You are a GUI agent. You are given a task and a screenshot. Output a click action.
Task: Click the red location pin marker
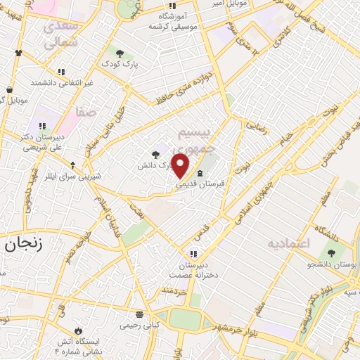[x=181, y=166]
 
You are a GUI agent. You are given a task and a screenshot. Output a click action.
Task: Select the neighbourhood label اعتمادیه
[x=288, y=243]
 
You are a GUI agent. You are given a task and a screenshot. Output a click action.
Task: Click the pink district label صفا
[x=87, y=111]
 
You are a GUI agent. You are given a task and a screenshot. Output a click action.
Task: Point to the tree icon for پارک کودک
[x=120, y=52]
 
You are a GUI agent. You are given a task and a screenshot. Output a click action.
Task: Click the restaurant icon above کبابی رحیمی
[x=139, y=314]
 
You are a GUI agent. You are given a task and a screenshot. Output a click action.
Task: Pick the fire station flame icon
[x=78, y=330]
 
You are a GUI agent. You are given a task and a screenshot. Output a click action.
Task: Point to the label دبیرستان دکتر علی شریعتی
[x=35, y=143]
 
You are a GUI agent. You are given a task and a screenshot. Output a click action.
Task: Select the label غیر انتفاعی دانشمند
[x=62, y=82]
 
